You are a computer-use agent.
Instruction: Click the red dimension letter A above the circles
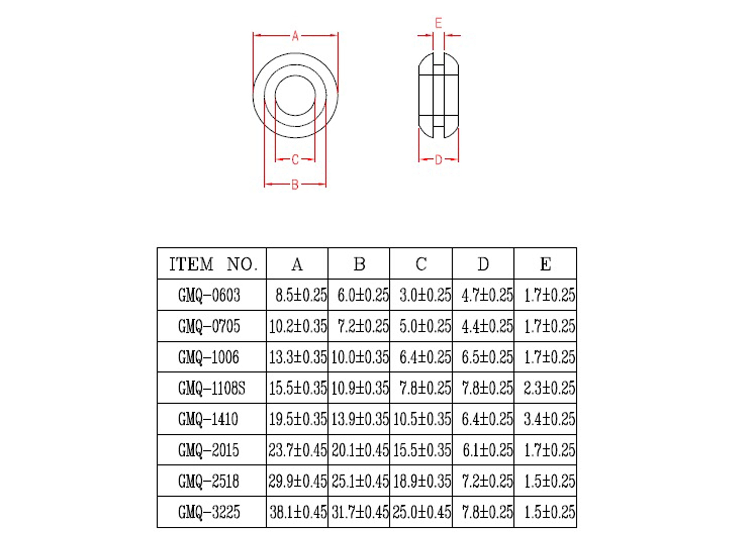click(295, 36)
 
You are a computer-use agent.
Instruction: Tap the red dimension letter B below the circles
click(295, 185)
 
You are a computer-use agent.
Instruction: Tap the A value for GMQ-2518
click(298, 481)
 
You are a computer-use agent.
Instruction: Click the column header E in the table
click(545, 264)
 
